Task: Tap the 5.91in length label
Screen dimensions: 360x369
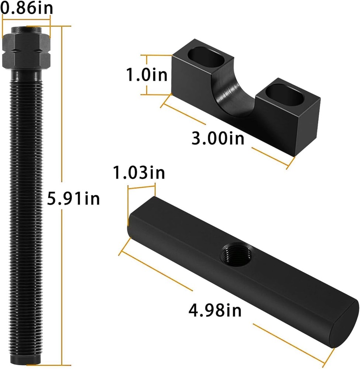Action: click(x=73, y=198)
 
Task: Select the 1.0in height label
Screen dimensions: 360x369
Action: click(x=147, y=75)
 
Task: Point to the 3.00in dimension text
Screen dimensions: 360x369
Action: click(x=218, y=138)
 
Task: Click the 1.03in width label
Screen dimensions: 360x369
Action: click(x=139, y=172)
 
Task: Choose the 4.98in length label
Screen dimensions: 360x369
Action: click(x=215, y=310)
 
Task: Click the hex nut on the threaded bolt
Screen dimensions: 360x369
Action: click(x=26, y=50)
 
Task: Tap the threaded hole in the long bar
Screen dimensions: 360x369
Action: click(x=237, y=254)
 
